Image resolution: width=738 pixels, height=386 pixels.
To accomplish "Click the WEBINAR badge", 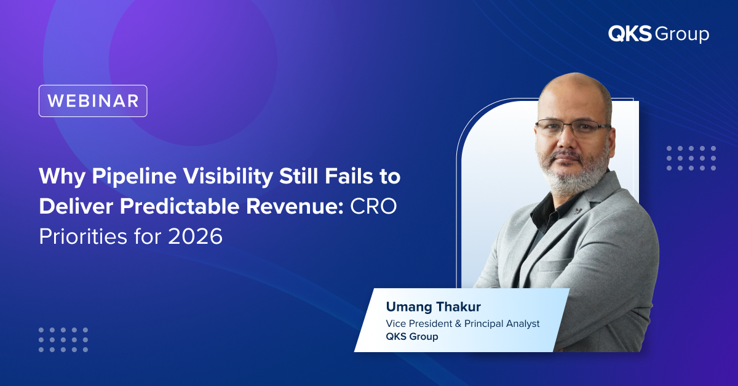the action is tap(93, 101).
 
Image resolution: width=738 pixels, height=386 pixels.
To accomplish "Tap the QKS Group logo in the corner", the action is tap(659, 34).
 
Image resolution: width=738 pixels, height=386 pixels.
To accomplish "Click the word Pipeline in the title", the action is tap(135, 177).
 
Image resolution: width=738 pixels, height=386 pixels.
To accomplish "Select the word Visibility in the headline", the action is tap(228, 177).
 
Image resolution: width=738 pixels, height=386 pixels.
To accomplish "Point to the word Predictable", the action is tap(180, 206).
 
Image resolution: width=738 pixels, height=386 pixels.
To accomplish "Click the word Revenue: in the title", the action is tap(295, 206).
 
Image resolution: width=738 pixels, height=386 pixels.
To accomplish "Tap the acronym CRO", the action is tap(373, 206).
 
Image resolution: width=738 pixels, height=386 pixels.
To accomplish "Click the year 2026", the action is tap(196, 236).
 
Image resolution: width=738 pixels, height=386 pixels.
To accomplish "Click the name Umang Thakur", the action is tap(433, 307).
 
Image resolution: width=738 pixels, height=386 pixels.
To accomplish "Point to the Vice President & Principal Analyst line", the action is tap(462, 324).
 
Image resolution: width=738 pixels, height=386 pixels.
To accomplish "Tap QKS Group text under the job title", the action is tap(412, 337).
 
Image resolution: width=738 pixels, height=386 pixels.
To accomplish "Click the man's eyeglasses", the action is tap(573, 127).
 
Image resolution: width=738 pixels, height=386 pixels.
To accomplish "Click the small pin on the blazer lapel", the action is tap(577, 211).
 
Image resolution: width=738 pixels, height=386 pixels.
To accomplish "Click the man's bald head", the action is tap(575, 92).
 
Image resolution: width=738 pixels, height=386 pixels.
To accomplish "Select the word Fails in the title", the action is tap(349, 176).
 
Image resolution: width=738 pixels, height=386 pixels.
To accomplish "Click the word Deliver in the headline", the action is tap(76, 206).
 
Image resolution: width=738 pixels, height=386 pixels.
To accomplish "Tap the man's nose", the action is tap(566, 142).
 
